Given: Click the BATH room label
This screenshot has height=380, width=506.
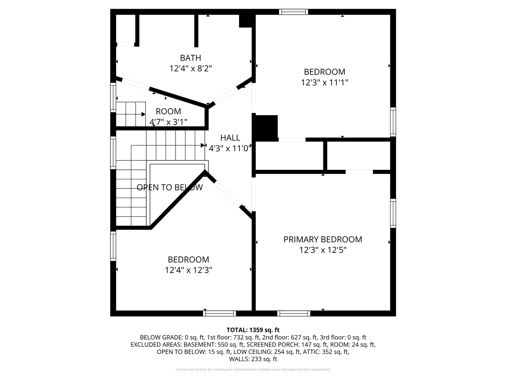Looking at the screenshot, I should (x=191, y=58).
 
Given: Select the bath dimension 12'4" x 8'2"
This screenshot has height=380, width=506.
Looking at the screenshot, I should (x=191, y=68).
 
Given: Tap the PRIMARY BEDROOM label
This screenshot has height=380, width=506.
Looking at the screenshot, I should (x=323, y=239).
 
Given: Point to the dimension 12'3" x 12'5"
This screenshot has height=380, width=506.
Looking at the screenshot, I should (x=323, y=250).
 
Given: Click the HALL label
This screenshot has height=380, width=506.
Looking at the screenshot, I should (x=230, y=138).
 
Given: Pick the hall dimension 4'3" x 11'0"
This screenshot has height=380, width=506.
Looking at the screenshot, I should (x=230, y=148).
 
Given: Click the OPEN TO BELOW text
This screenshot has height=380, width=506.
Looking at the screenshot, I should (x=170, y=187).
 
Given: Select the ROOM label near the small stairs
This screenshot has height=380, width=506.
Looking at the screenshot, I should (x=168, y=112).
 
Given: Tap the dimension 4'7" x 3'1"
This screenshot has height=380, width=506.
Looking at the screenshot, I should (x=168, y=122).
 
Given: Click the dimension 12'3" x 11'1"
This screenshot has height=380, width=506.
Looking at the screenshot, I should (x=324, y=83).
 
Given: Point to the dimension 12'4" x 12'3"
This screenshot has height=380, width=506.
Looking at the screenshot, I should (x=189, y=270).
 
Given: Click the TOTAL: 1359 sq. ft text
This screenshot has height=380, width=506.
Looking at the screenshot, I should (x=253, y=330).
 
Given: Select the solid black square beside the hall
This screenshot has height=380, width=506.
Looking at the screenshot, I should (x=266, y=127).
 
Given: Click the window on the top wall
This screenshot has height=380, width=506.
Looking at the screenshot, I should (x=293, y=12).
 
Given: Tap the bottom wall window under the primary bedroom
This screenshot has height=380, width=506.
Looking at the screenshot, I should (x=294, y=313).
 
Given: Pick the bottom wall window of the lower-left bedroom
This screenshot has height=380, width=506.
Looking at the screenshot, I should (x=219, y=313).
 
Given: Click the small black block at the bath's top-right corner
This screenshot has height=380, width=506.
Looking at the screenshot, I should (x=246, y=21).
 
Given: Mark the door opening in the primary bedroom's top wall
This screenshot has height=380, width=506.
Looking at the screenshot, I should (x=359, y=172).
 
